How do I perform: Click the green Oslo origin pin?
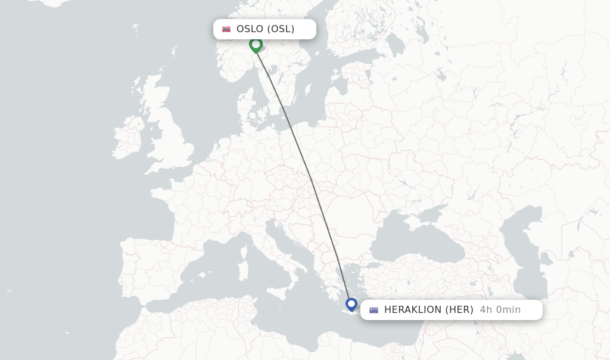256,45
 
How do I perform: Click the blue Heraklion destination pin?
351,305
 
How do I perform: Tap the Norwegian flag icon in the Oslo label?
226,29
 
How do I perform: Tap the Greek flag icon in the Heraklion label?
374,310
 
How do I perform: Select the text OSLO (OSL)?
265,29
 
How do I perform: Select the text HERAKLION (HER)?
428,310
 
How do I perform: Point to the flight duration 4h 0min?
500,310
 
